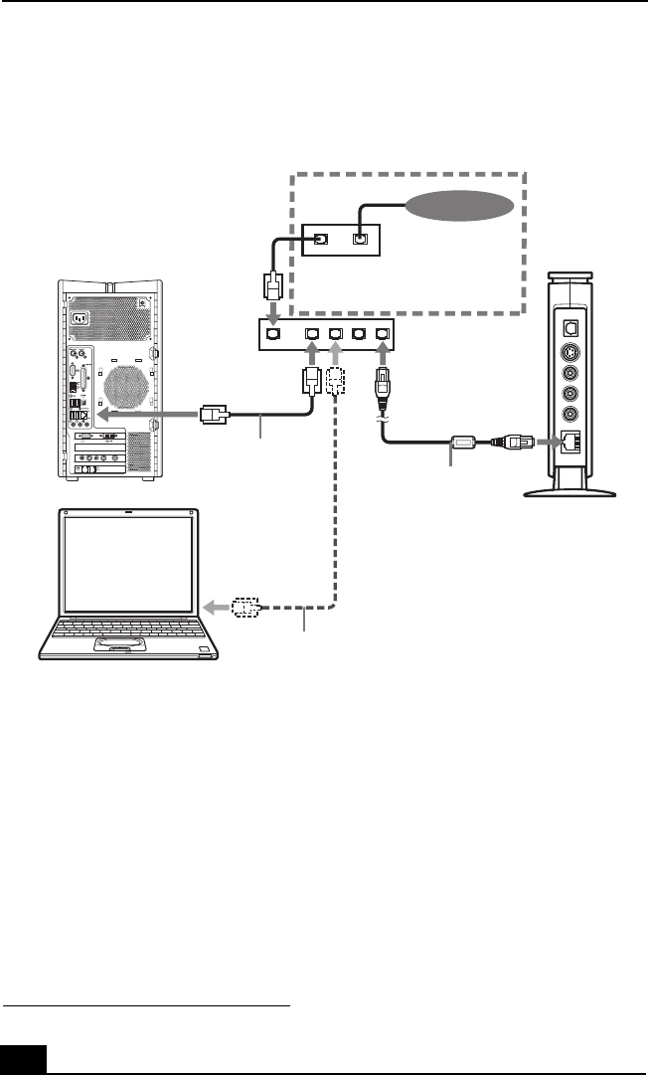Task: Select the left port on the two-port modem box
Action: (x=321, y=239)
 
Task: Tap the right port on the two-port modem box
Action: (x=360, y=239)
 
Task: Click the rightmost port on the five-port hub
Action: (x=384, y=334)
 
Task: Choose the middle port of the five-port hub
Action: (x=335, y=334)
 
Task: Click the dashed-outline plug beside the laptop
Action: (x=244, y=607)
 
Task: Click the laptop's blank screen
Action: (x=129, y=564)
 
